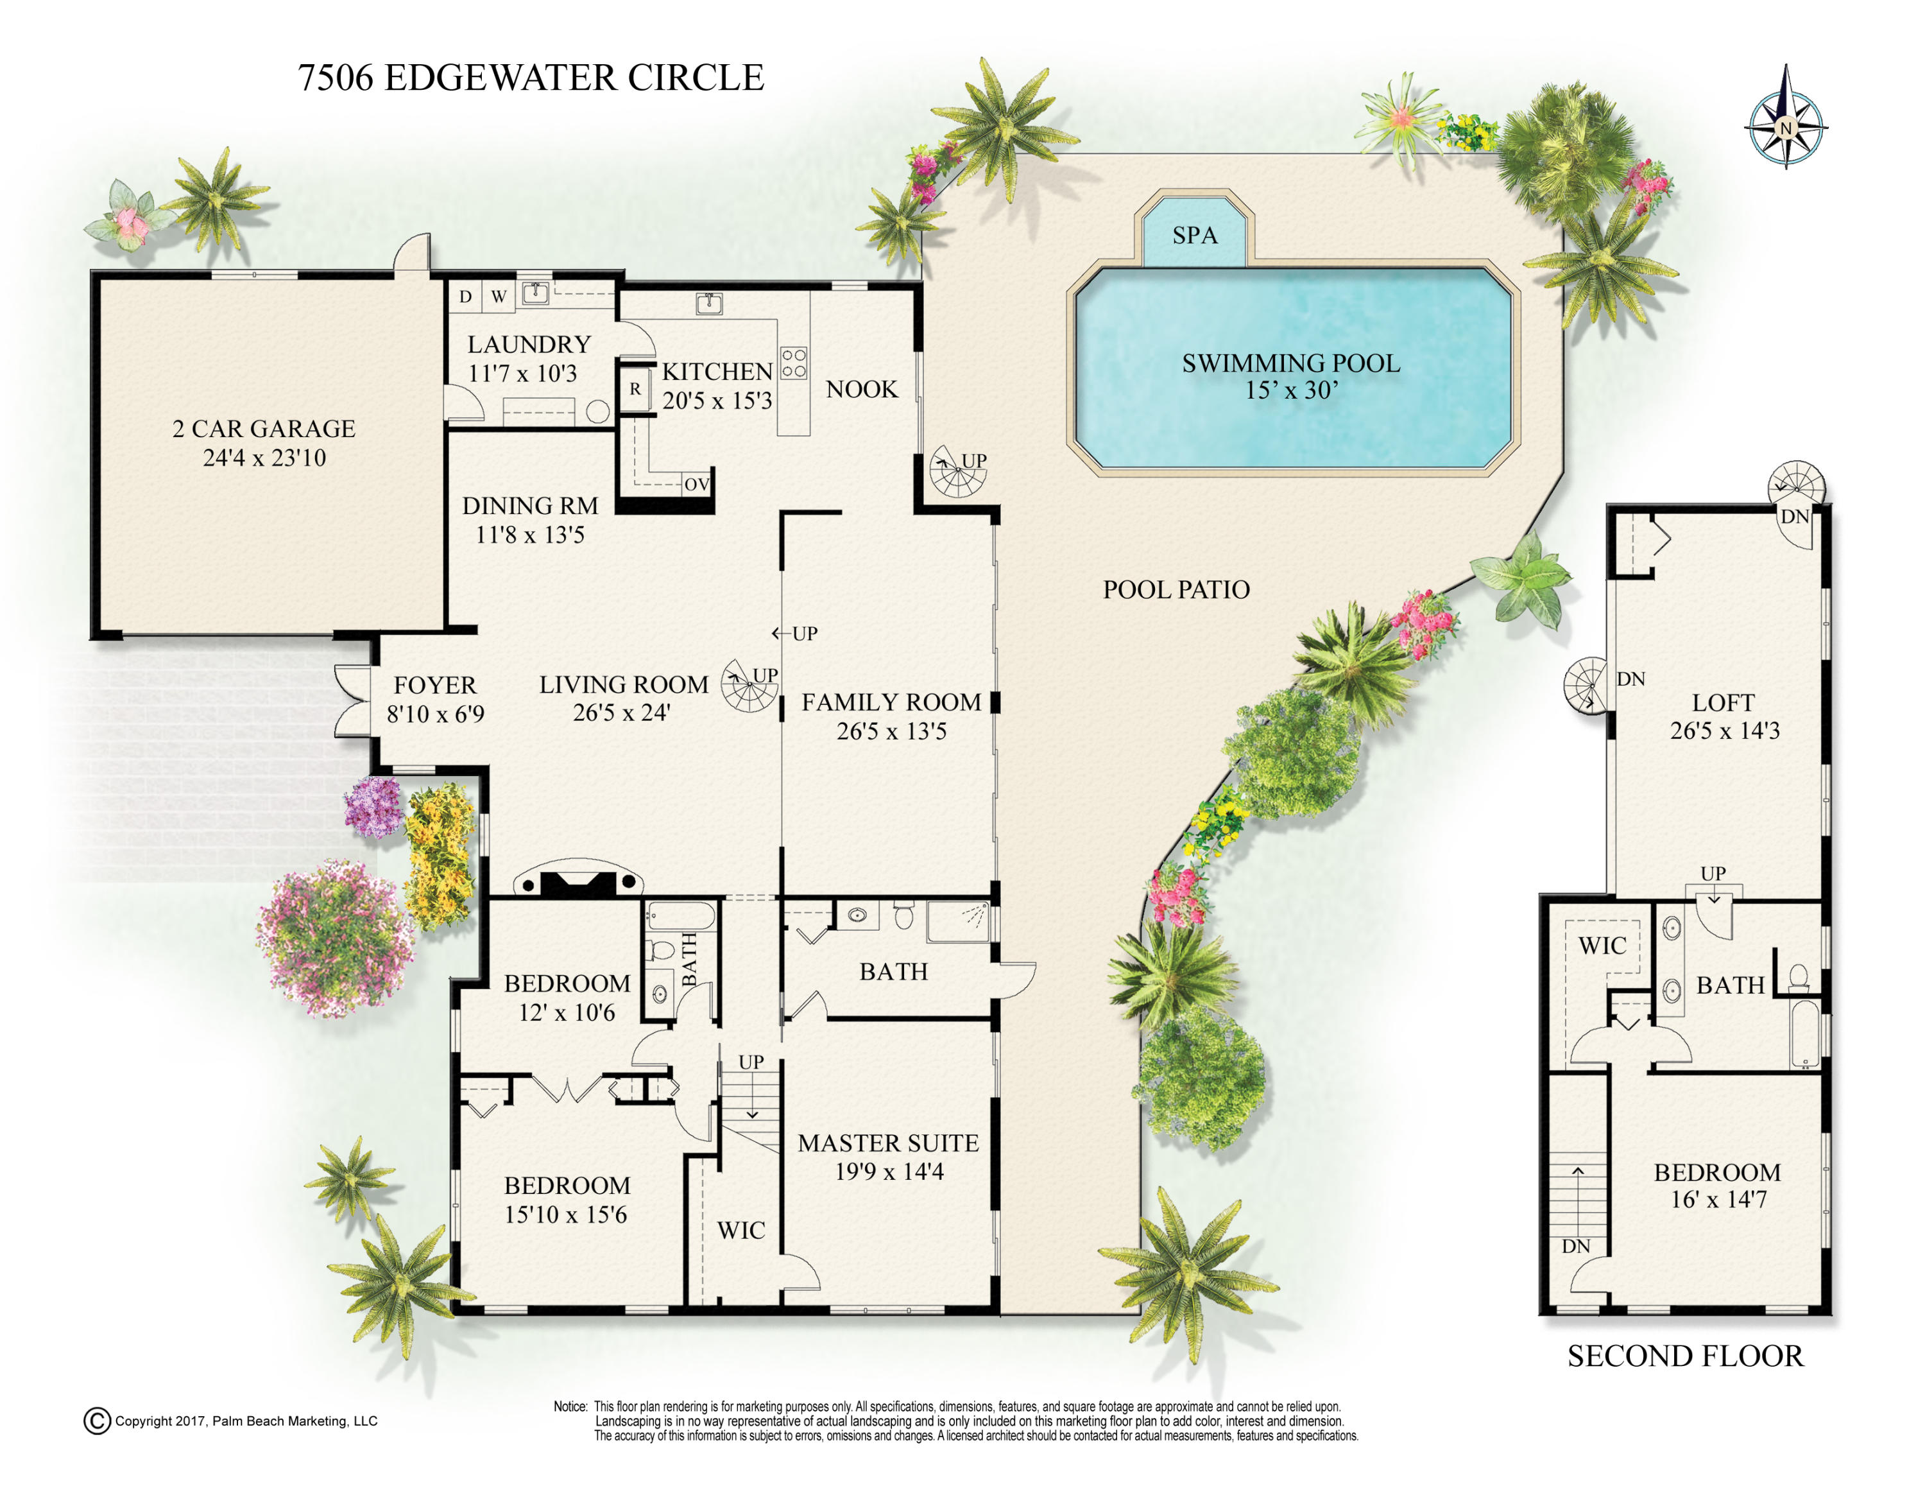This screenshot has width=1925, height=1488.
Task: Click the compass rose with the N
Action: tap(1786, 128)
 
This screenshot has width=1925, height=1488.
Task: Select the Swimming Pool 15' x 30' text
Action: tap(1290, 376)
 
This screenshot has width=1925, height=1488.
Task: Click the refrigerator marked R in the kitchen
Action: tap(635, 389)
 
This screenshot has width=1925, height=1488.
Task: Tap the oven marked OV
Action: tap(696, 484)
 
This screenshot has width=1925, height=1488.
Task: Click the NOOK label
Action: tap(861, 389)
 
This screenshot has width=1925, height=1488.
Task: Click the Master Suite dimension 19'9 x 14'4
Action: tap(889, 1171)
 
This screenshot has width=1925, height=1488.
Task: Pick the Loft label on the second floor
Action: tap(1723, 702)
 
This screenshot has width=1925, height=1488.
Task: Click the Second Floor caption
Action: tap(1685, 1356)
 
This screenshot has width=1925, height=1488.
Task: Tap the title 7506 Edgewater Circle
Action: tap(531, 78)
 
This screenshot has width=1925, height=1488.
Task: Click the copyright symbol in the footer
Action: tap(97, 1421)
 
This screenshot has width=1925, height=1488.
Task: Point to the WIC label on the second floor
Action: tap(1602, 946)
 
